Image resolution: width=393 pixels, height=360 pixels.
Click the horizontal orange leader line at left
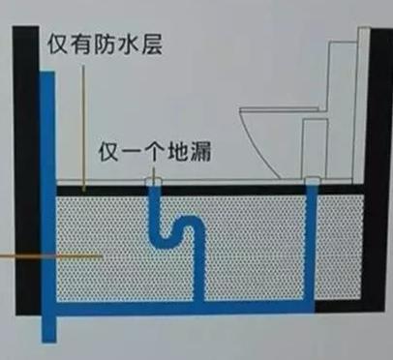(48, 255)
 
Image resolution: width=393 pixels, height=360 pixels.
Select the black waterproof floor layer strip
(232, 187)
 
